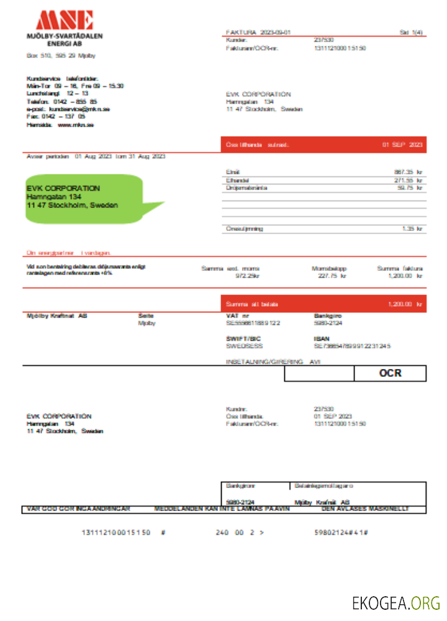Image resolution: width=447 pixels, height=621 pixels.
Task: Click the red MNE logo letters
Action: [65, 20]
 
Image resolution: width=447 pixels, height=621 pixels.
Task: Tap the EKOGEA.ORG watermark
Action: [395, 602]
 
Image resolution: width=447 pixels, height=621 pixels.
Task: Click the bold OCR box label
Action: [390, 373]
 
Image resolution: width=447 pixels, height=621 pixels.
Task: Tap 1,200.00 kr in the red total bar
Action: [405, 304]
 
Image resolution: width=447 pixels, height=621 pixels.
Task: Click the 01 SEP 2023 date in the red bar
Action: [402, 145]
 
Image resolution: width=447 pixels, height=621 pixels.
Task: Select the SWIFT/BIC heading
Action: [242, 338]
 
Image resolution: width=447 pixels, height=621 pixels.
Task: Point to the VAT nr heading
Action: [238, 316]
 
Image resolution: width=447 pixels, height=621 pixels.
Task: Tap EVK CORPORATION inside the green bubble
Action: [63, 188]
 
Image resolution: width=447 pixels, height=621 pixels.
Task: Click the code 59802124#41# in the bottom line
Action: [342, 533]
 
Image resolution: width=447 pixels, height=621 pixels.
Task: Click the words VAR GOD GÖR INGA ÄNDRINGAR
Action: [78, 509]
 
